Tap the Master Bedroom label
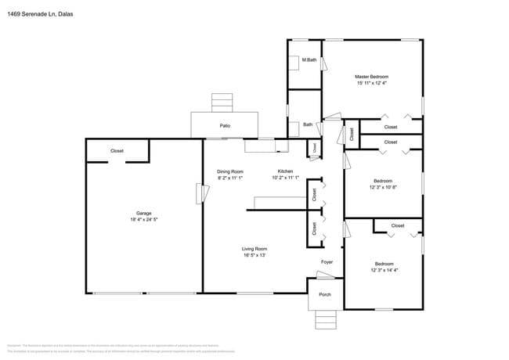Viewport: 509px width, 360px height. pyautogui.click(x=372, y=76)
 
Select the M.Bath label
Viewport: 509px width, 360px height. pyautogui.click(x=310, y=60)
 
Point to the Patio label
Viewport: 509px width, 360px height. pyautogui.click(x=225, y=125)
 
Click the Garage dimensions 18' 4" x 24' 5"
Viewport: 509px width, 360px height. pyautogui.click(x=143, y=220)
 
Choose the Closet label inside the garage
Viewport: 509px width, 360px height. pyautogui.click(x=117, y=150)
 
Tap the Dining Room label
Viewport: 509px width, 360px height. pyautogui.click(x=230, y=171)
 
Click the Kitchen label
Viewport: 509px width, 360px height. pyautogui.click(x=286, y=171)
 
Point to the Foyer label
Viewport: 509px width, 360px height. pyautogui.click(x=327, y=262)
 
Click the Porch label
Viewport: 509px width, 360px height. pyautogui.click(x=324, y=295)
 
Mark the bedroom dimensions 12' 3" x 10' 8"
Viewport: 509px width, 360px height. pyautogui.click(x=384, y=187)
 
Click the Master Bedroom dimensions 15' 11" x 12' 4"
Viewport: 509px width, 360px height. pyautogui.click(x=372, y=83)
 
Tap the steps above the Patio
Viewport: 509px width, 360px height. pyautogui.click(x=222, y=103)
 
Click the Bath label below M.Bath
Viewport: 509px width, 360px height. pyautogui.click(x=308, y=124)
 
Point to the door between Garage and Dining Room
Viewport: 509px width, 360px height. pyautogui.click(x=199, y=193)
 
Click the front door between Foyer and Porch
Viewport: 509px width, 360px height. pyautogui.click(x=324, y=274)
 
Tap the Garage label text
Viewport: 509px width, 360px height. pyautogui.click(x=143, y=213)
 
